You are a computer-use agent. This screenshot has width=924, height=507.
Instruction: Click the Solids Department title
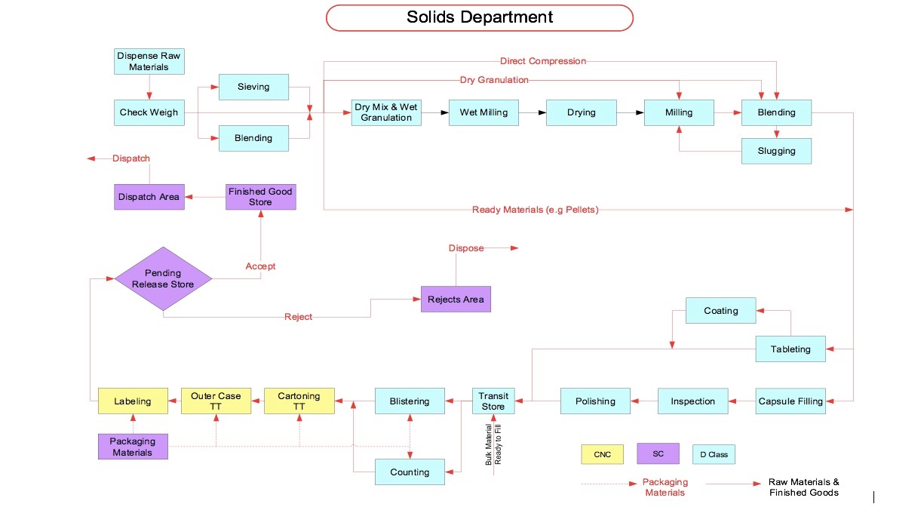479,17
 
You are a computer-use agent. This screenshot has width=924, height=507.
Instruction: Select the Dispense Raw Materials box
149,61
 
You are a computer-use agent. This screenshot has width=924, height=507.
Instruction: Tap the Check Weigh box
149,112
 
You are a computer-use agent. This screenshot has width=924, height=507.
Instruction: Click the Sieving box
253,87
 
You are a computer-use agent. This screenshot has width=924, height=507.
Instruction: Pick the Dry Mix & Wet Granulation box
386,112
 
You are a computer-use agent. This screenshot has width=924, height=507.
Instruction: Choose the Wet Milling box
483,112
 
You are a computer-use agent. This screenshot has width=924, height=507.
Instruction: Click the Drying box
581,112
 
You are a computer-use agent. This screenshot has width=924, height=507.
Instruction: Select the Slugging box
776,151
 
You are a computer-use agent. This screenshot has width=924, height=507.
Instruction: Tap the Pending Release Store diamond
163,278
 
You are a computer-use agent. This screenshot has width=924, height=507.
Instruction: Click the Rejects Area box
456,300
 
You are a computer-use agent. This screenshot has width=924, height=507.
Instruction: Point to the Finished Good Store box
260,197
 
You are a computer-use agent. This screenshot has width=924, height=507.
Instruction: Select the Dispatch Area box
149,197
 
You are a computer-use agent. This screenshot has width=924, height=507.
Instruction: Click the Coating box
720,310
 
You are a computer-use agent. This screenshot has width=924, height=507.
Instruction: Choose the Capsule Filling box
790,401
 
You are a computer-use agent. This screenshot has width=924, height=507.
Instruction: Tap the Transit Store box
493,401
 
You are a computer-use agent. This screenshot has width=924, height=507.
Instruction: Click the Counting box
410,472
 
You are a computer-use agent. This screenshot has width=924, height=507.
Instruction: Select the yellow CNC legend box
602,454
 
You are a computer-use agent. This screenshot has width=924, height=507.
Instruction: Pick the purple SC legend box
658,453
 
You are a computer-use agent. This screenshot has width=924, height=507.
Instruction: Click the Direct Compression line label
542,61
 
